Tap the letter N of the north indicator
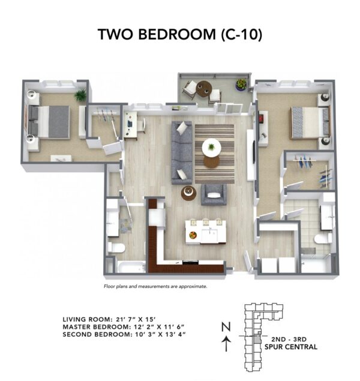pyautogui.click(x=226, y=327)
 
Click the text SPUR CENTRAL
pyautogui.click(x=293, y=347)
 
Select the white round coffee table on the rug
pyautogui.click(x=211, y=146)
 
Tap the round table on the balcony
pyautogui.click(x=204, y=88)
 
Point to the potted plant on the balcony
pyautogui.click(x=241, y=84)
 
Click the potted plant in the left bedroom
pyautogui.click(x=80, y=95)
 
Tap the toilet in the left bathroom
pyautogui.click(x=118, y=248)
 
